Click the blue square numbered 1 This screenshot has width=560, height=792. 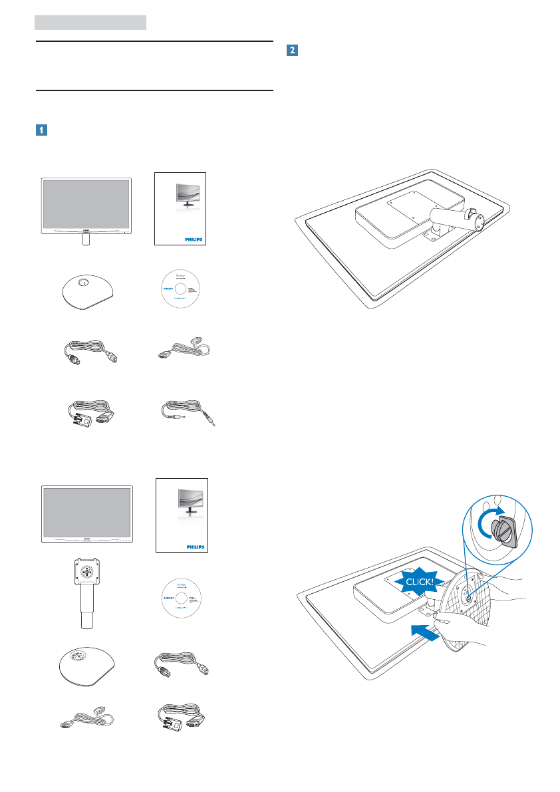coord(40,130)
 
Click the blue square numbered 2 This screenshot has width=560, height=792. coord(291,49)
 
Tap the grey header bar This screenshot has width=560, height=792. coord(90,23)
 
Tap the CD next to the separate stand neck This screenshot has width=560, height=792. coord(182,596)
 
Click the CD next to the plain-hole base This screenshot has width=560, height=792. coord(182,291)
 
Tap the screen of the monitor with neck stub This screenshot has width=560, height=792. coord(86,201)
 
